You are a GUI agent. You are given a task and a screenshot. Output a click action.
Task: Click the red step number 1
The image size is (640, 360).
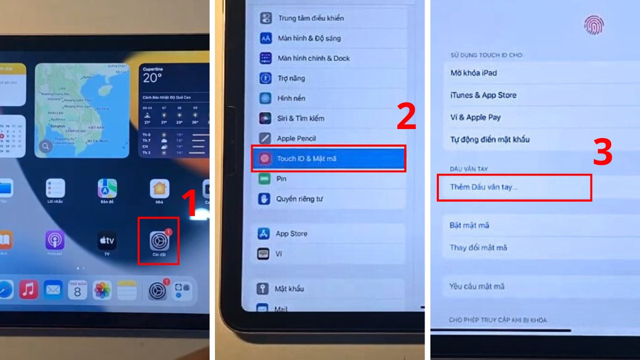190,203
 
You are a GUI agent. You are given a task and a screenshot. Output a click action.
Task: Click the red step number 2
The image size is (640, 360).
406,118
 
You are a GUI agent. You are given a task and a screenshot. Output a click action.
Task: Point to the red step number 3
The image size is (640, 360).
603,153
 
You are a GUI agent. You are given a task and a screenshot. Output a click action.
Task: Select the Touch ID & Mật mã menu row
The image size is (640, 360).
329,158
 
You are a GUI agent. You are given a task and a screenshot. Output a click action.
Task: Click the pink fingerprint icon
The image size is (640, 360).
594,24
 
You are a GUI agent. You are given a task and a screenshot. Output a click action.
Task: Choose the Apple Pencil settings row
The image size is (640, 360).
297,138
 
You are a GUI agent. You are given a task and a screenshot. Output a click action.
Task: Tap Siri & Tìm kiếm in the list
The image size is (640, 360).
300,118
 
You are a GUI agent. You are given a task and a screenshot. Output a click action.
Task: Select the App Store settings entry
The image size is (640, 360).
291,234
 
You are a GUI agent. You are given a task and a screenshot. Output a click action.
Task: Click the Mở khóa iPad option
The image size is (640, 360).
474,73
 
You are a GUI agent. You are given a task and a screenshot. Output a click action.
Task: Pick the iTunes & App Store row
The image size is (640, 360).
483,95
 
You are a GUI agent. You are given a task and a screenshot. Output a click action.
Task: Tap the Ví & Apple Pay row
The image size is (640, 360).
475,117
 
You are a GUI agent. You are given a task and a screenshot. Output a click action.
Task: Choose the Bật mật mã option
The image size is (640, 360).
469,225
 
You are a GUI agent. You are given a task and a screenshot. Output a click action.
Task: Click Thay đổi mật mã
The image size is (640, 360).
478,247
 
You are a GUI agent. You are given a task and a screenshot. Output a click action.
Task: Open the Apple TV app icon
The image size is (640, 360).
107,241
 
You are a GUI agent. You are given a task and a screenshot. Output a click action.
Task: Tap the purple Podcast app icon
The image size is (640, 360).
54,241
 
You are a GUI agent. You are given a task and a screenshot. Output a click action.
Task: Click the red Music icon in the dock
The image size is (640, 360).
29,290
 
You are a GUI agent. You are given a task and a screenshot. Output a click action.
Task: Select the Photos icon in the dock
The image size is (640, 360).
102,290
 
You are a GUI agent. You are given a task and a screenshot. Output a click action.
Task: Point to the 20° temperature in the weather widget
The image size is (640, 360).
152,78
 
